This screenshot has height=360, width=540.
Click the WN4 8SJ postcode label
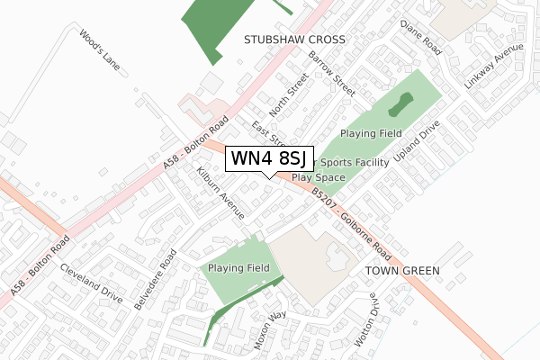pyautogui.click(x=269, y=158)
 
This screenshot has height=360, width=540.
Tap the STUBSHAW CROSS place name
pyautogui.click(x=294, y=40)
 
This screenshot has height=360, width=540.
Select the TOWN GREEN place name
pyautogui.click(x=402, y=270)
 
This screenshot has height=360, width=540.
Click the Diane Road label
pyautogui.click(x=420, y=35)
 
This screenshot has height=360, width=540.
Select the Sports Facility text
pyautogui.click(x=355, y=163)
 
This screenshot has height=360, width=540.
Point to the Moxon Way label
pyautogui.click(x=270, y=328)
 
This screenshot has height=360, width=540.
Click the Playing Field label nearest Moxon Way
pyautogui.click(x=238, y=268)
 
